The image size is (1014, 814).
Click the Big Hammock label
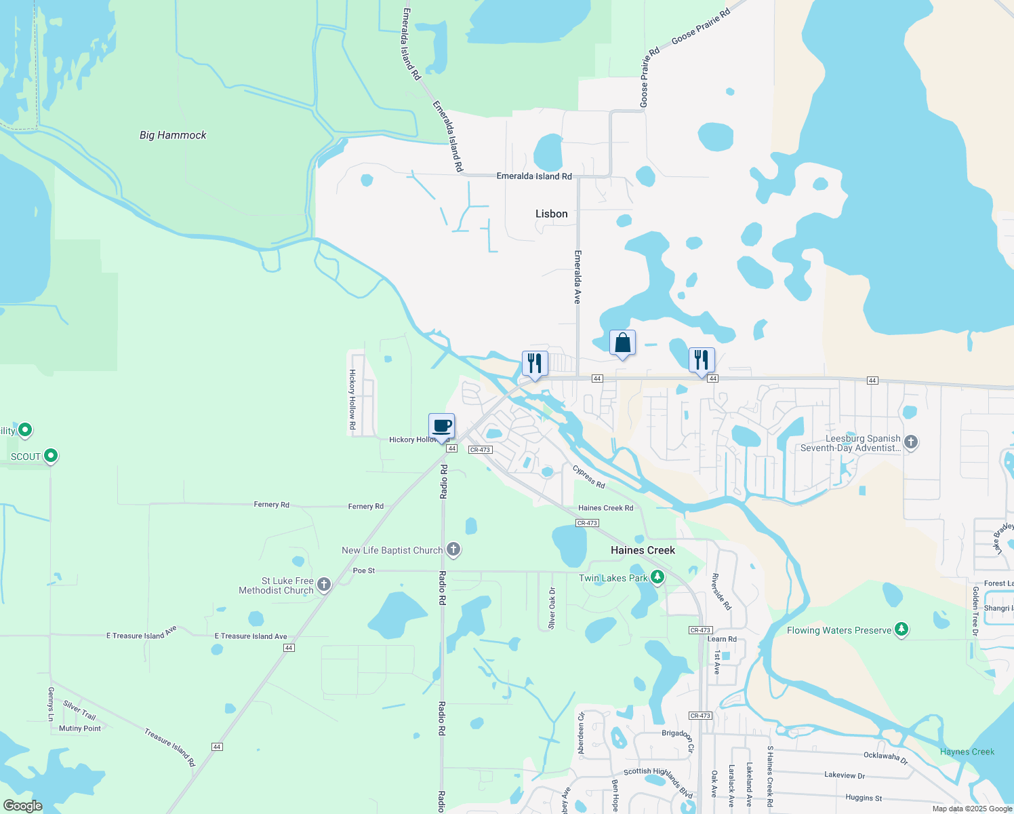coord(173,135)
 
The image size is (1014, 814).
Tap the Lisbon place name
coord(551,214)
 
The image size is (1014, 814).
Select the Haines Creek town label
coord(643,550)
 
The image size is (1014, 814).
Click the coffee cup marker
coord(442,427)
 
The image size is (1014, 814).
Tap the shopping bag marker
coord(622,343)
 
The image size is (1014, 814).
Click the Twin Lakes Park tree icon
coord(657,577)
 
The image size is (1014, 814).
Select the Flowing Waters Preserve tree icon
coord(901,629)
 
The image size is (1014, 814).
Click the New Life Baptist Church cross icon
coord(453,549)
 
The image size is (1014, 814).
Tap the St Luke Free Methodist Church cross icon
coord(324,585)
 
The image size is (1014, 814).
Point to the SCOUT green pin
coord(51,456)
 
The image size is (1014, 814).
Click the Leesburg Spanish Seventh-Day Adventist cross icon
coord(911,442)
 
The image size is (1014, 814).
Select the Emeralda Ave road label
coord(577,277)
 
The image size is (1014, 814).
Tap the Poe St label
coord(364,570)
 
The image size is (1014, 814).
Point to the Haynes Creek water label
coord(967,752)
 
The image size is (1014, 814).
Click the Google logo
coord(22,805)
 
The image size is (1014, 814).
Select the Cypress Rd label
coord(588,476)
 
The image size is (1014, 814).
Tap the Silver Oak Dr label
coord(552,608)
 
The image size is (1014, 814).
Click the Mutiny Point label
coord(80,729)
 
